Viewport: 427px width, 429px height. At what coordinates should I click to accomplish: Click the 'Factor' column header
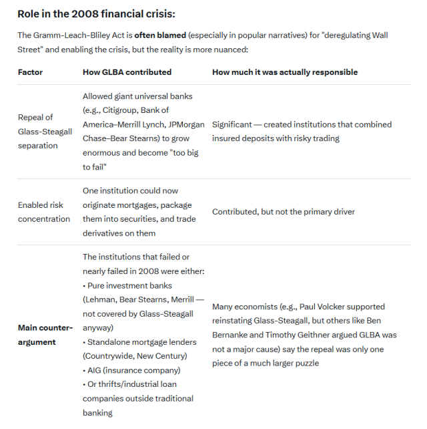click(x=30, y=72)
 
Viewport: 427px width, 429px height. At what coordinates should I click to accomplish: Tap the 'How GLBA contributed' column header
click(x=127, y=72)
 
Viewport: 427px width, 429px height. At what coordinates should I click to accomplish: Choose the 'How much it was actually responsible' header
click(x=285, y=72)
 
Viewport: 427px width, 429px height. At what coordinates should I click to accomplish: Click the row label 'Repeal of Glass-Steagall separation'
click(x=45, y=131)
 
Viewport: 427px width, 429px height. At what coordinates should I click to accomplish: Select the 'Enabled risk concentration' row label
click(x=44, y=212)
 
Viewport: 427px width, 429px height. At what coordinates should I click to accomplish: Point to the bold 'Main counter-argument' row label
click(x=45, y=334)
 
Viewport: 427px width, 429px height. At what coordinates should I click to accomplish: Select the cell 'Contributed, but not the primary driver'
click(x=284, y=212)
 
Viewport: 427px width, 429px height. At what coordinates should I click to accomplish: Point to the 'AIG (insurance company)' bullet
click(x=134, y=370)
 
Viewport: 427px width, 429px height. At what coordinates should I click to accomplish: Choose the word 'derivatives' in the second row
click(x=104, y=233)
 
